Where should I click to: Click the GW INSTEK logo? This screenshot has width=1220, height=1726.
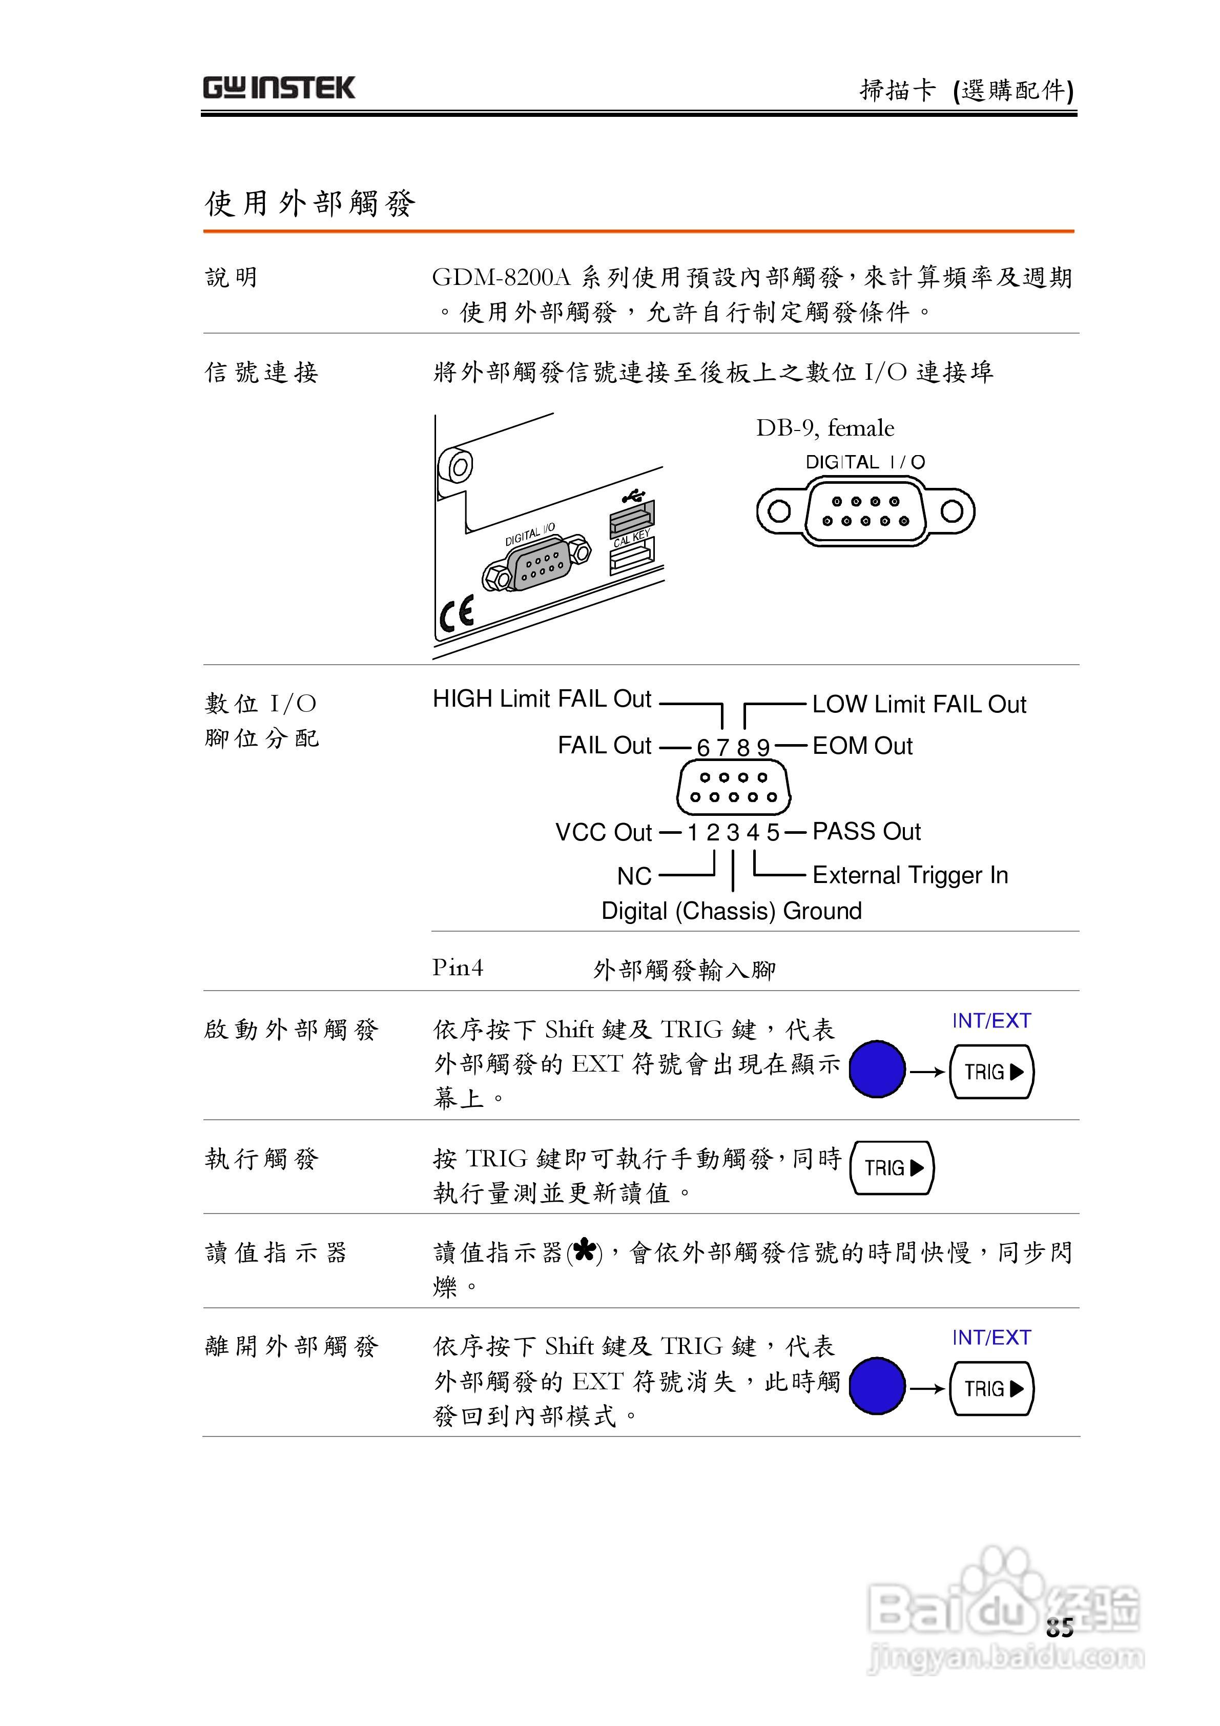(278, 88)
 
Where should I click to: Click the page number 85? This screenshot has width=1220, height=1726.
(1059, 1628)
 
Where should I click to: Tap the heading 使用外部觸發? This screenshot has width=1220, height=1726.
(309, 203)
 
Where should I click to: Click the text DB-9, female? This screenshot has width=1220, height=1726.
(824, 428)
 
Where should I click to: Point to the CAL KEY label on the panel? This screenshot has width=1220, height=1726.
(631, 538)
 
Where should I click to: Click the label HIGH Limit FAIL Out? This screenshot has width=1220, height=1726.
(541, 699)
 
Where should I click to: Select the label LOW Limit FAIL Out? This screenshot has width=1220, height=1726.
(919, 704)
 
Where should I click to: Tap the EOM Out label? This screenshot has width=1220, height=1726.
(862, 746)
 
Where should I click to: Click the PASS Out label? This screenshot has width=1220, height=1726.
(866, 831)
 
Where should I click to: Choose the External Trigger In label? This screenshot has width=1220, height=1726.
(909, 875)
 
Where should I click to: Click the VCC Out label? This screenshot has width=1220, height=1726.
(603, 833)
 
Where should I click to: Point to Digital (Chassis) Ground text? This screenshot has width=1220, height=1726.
(731, 911)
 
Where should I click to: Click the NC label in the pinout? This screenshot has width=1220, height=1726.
(634, 876)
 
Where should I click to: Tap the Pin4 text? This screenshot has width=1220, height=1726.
(457, 968)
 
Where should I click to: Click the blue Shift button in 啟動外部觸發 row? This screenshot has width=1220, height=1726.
(877, 1069)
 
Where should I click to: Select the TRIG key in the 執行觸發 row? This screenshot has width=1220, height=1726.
(892, 1167)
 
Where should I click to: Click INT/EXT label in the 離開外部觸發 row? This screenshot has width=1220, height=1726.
(991, 1338)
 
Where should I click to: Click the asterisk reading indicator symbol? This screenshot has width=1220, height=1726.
(584, 1251)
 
